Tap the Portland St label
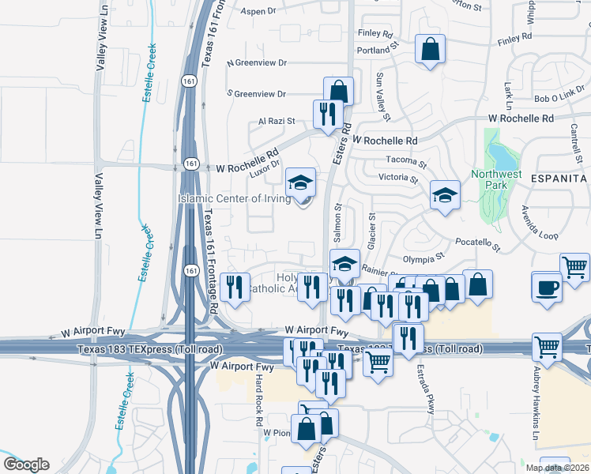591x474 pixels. pos(375,50)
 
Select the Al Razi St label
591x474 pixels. pos(276,122)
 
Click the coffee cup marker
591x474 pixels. pos(546,286)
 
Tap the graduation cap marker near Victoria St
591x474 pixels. pos(445,194)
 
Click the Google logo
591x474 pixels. pos(27,465)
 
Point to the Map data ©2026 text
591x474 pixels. pos(558,468)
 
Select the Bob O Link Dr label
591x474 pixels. pos(559,98)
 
